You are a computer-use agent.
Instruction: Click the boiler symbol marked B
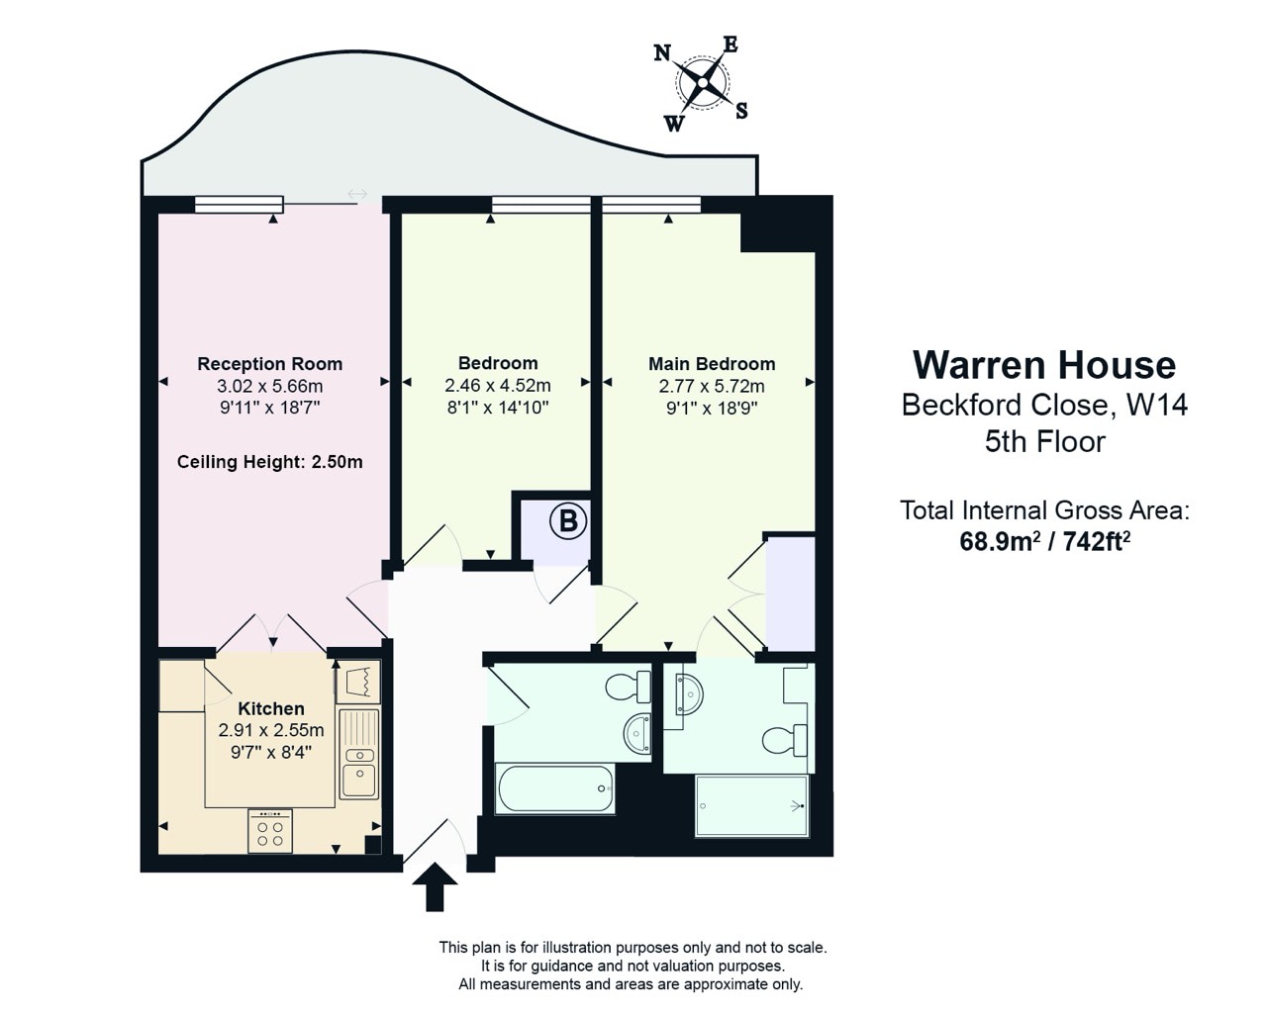click(x=567, y=520)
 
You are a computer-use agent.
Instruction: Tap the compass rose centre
click(x=702, y=83)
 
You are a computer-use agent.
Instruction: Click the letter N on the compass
click(x=662, y=53)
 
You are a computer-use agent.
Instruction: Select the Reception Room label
click(x=269, y=364)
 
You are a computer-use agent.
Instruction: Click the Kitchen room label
click(x=271, y=708)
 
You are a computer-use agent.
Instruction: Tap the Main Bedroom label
click(x=712, y=364)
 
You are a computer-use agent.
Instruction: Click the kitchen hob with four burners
click(x=270, y=831)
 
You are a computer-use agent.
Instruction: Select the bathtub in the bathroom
click(x=555, y=788)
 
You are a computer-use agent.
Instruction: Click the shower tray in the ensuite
click(x=752, y=805)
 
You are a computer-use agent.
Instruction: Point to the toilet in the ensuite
click(x=785, y=740)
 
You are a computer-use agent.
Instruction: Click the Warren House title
click(x=1044, y=365)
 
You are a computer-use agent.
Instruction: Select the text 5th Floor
click(x=1045, y=441)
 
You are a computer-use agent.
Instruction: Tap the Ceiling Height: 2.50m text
click(x=269, y=462)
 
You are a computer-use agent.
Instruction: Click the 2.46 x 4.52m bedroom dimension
click(x=498, y=386)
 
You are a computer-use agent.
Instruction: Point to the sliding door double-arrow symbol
click(x=356, y=194)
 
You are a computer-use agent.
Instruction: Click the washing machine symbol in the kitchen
click(x=358, y=682)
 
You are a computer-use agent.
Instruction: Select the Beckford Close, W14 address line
click(x=1045, y=405)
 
